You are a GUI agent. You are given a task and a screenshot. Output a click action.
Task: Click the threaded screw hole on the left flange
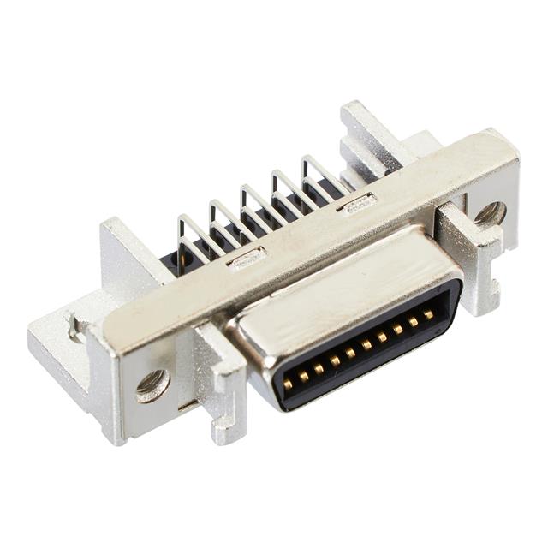pyautogui.click(x=152, y=384)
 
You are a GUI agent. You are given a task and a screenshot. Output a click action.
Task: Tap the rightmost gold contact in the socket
pyautogui.click(x=428, y=315)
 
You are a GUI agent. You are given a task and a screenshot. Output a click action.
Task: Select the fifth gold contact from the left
pyautogui.click(x=350, y=353)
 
